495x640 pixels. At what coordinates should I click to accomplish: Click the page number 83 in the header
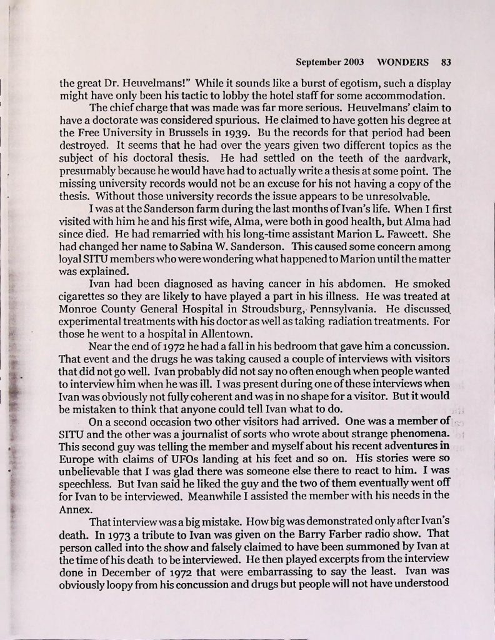coord(446,62)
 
